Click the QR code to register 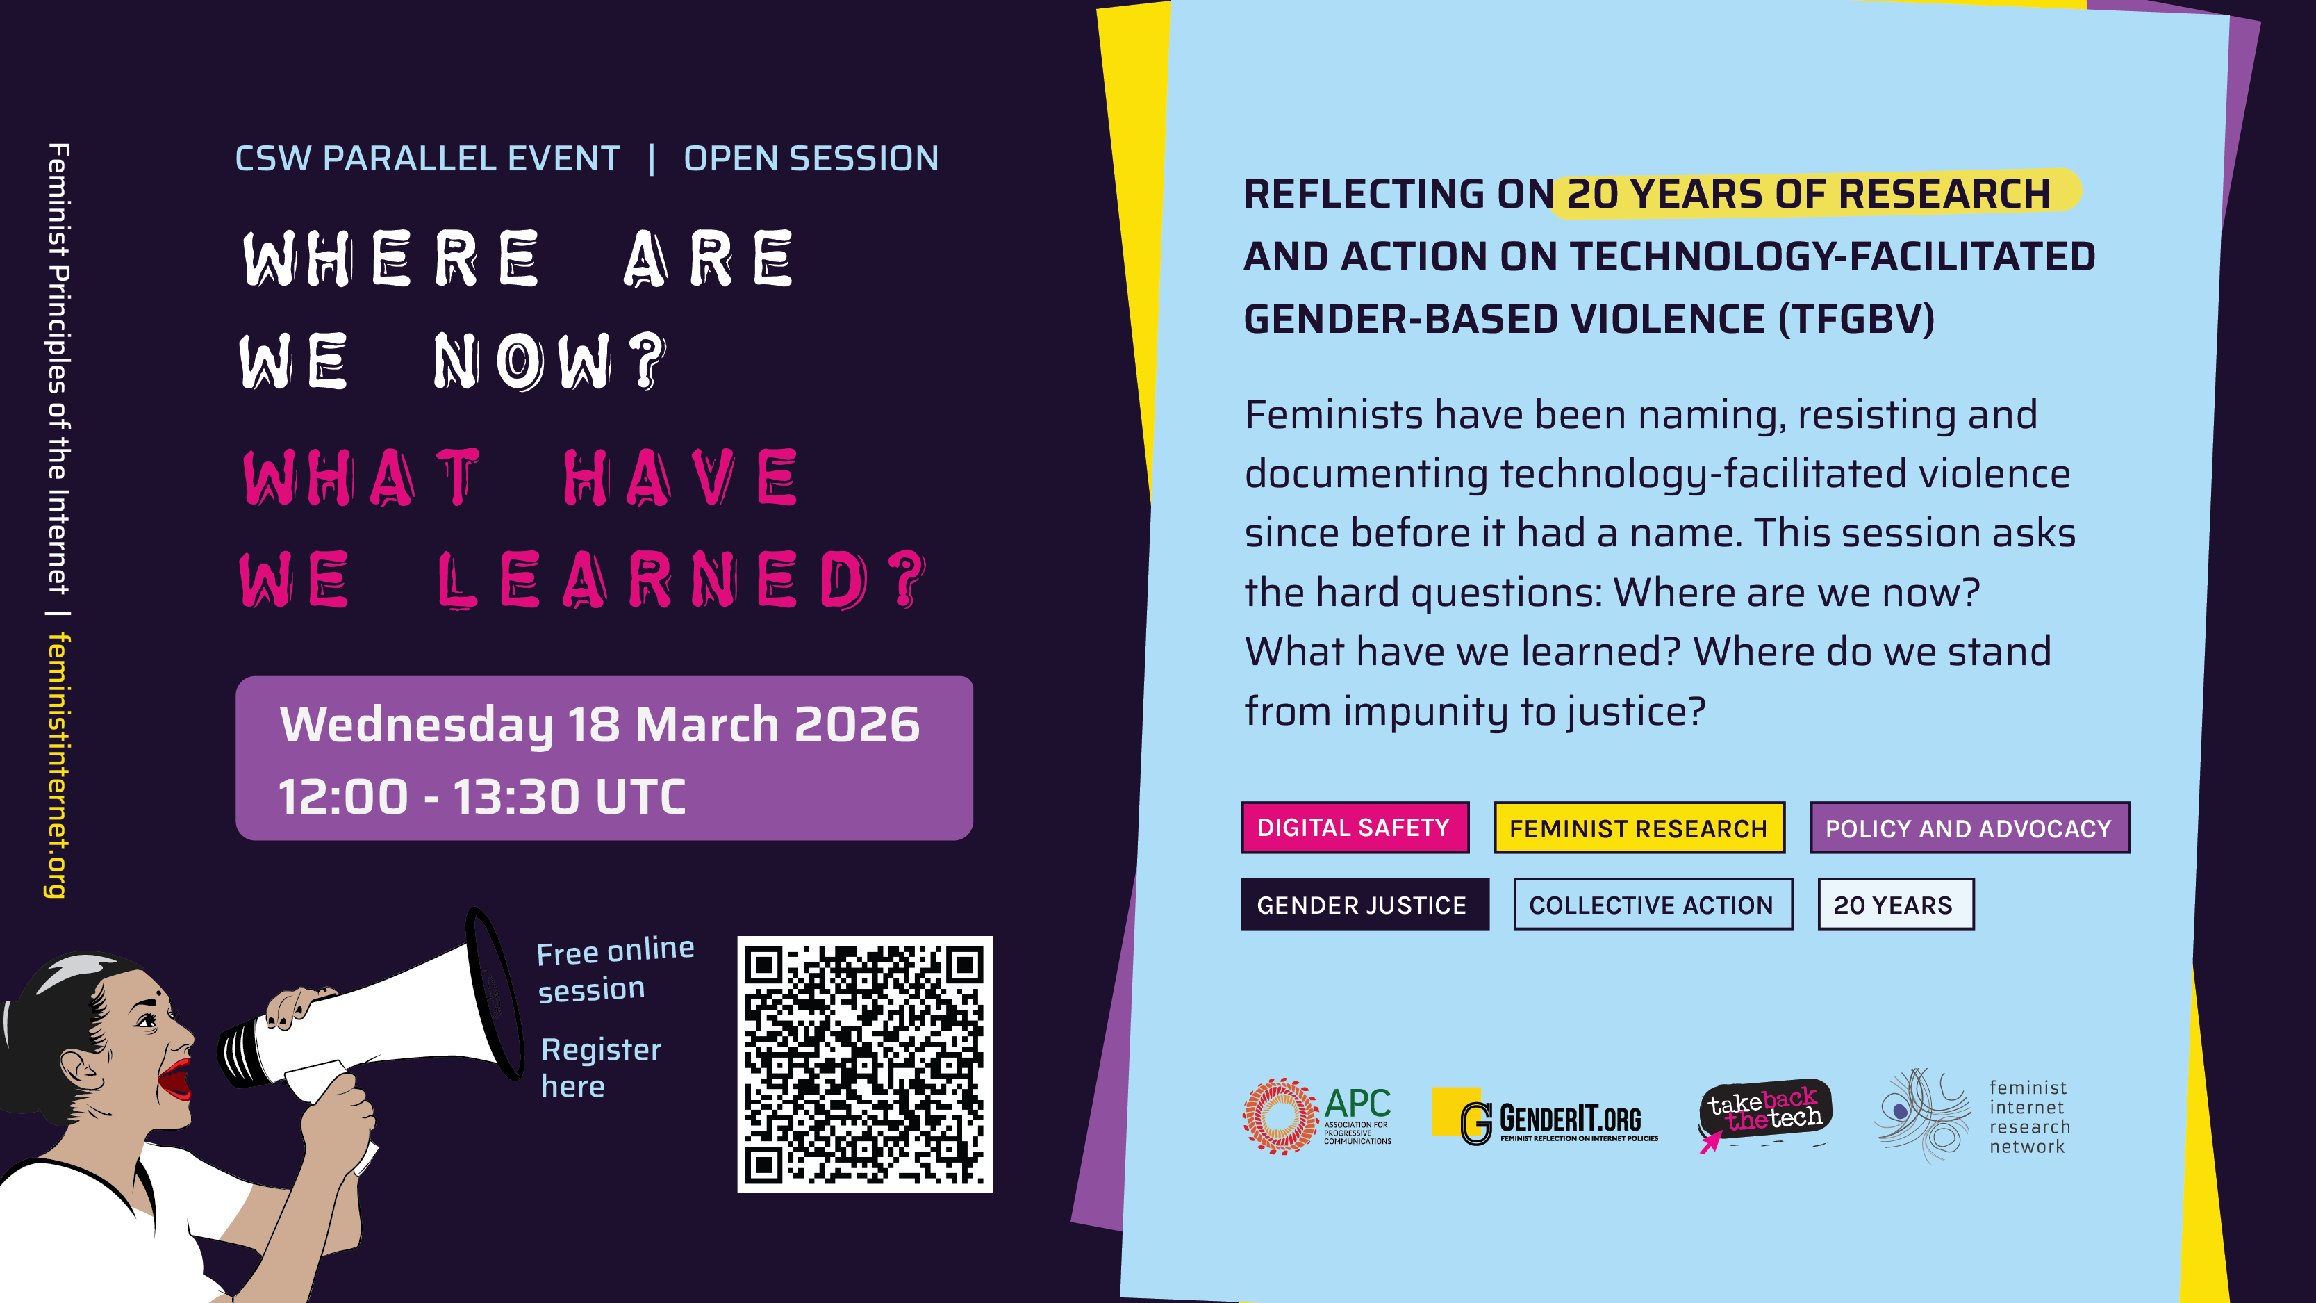point(865,1064)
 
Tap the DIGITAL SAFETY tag point(1355,827)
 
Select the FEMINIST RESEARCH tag point(1639,827)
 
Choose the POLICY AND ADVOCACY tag point(1969,827)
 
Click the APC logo point(1317,1116)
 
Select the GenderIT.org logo point(1545,1117)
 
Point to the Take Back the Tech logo point(1764,1113)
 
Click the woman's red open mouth point(175,1079)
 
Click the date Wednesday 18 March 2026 point(599,724)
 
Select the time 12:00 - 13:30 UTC point(482,796)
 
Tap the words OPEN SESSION point(811,158)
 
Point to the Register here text point(601,1067)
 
